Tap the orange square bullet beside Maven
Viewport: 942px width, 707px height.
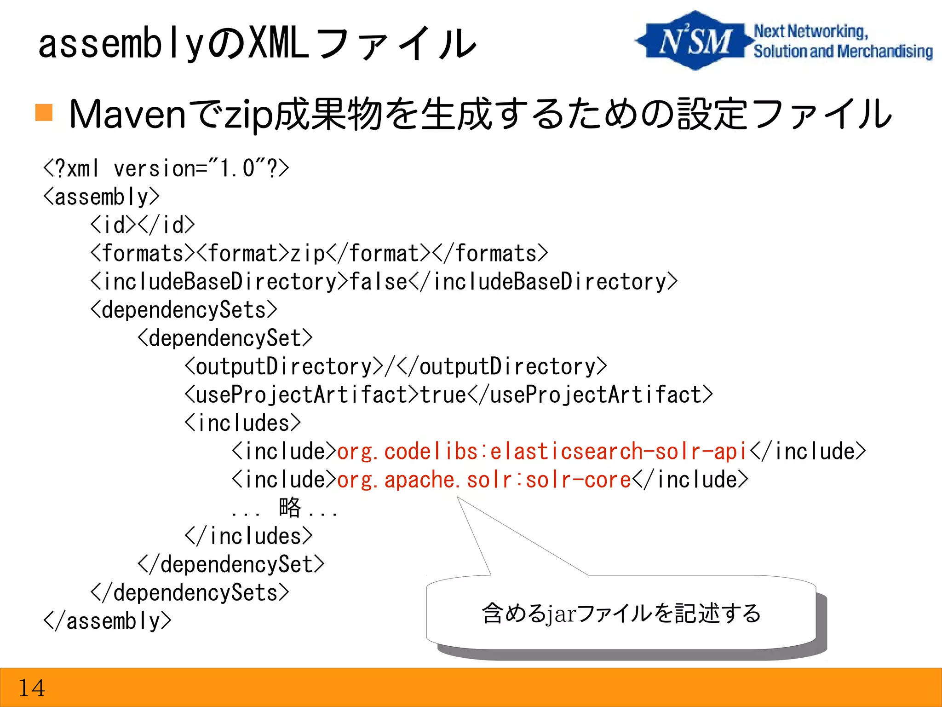44,112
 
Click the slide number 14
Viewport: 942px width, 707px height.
31,688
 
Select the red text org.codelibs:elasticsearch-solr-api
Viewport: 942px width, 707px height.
542,452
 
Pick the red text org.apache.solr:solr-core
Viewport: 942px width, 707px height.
484,480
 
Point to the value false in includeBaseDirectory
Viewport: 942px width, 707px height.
378,282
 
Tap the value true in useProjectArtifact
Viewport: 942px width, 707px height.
443,395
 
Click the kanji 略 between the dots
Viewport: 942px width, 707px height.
290,508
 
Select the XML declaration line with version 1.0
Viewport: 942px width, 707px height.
166,168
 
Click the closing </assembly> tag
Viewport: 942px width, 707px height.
107,621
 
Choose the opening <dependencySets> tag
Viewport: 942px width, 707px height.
184,310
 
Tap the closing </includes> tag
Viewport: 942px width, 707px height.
248,536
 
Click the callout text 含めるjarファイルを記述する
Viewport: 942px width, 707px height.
621,614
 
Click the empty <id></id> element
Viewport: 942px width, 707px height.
143,225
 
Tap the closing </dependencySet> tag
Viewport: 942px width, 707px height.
231,565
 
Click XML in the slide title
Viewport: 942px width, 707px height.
278,44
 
